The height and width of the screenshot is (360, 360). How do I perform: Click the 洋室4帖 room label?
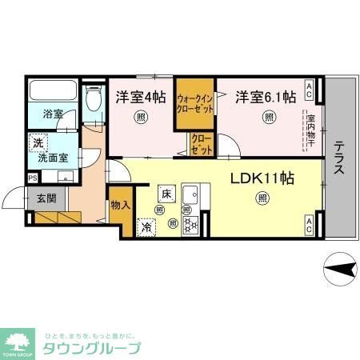click(141, 98)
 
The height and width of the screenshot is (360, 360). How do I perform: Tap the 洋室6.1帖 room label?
click(266, 98)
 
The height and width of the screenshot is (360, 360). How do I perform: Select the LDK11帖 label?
click(262, 178)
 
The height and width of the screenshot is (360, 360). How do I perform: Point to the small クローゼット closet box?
click(200, 145)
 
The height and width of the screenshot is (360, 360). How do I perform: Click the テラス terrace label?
click(340, 153)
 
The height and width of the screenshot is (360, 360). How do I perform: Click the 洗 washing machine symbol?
click(38, 143)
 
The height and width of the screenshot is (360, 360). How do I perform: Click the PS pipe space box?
click(32, 178)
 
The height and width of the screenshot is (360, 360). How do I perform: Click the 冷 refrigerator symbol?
click(147, 226)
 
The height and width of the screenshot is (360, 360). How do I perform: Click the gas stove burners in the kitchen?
click(190, 225)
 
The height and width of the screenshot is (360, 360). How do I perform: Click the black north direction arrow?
click(339, 268)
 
